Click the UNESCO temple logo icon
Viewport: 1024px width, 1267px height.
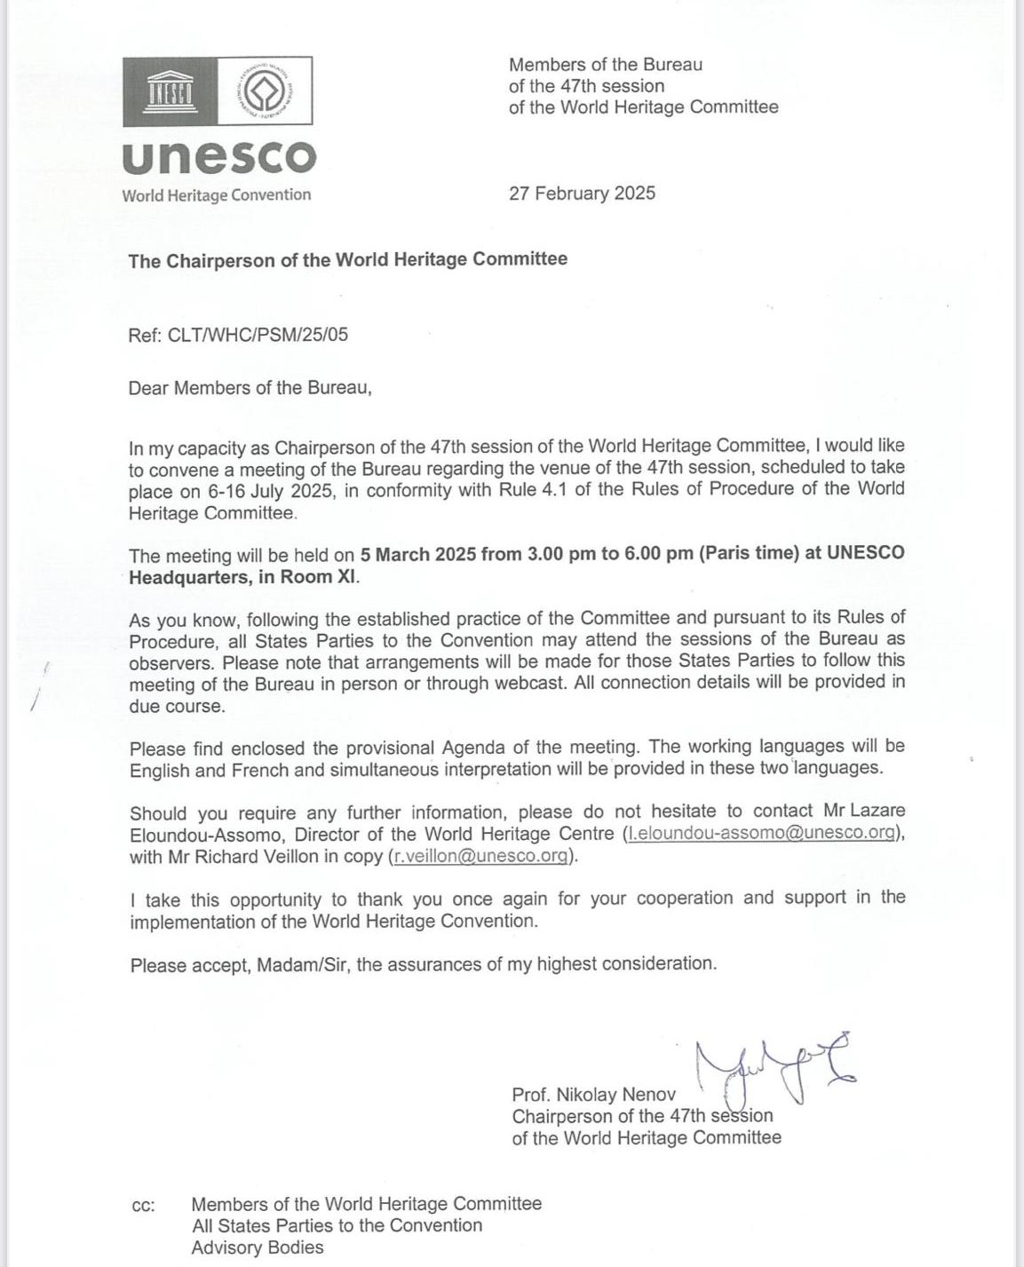point(171,91)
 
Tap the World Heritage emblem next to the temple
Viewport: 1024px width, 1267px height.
point(264,91)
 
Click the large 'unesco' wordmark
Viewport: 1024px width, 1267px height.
point(218,157)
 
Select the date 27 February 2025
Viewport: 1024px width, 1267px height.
point(582,193)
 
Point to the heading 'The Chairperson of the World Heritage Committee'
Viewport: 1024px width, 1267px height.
point(347,260)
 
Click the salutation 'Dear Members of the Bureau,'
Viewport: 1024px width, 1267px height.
point(250,388)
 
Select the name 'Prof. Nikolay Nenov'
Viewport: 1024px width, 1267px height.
point(593,1095)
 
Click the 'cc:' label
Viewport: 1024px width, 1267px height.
point(142,1205)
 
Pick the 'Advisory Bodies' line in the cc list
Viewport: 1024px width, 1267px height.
point(258,1247)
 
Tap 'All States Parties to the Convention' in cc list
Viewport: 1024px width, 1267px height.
point(337,1225)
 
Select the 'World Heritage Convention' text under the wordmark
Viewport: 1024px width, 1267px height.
point(217,195)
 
